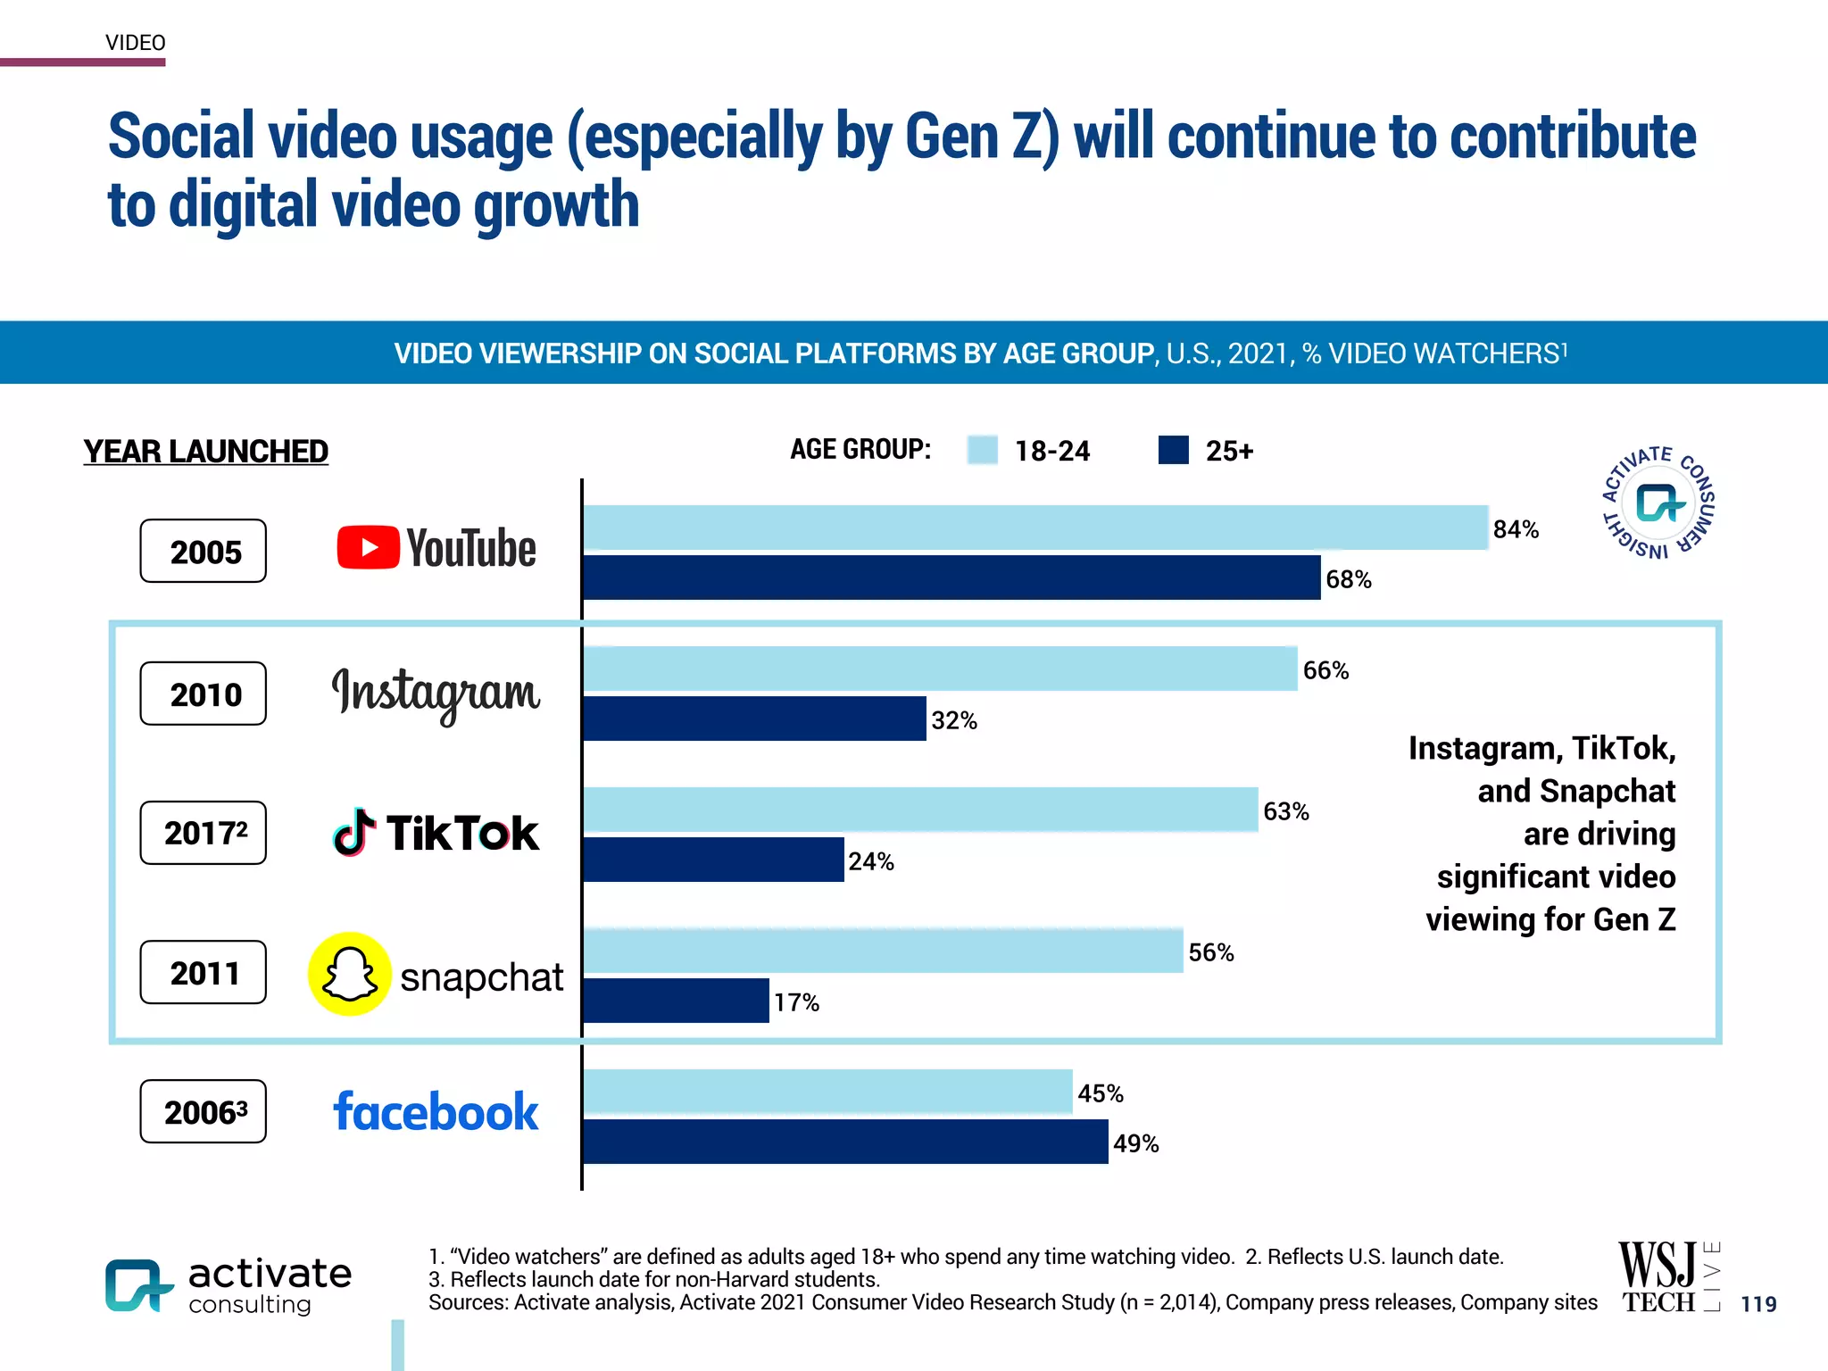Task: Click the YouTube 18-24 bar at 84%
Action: tap(1035, 528)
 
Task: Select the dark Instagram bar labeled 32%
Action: tap(754, 719)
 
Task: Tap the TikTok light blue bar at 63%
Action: tap(919, 810)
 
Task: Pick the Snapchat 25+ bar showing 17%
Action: tap(676, 1001)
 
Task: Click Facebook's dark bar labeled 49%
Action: tap(845, 1142)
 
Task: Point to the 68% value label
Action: tap(1348, 579)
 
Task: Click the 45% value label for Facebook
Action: tap(1100, 1093)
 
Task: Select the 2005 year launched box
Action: tap(204, 552)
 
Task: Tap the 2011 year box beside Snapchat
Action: tap(204, 972)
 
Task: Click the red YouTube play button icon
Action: tap(368, 547)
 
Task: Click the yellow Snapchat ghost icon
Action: tap(349, 974)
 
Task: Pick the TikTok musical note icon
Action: tap(353, 833)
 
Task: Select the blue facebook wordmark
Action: tap(436, 1112)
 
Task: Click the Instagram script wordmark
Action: tap(436, 693)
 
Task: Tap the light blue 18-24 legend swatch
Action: tap(982, 450)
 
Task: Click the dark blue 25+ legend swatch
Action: tap(1173, 450)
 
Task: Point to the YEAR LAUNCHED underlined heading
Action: tap(205, 452)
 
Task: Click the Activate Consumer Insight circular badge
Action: tap(1658, 503)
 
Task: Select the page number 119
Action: tap(1758, 1304)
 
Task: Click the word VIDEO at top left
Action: tap(135, 43)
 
